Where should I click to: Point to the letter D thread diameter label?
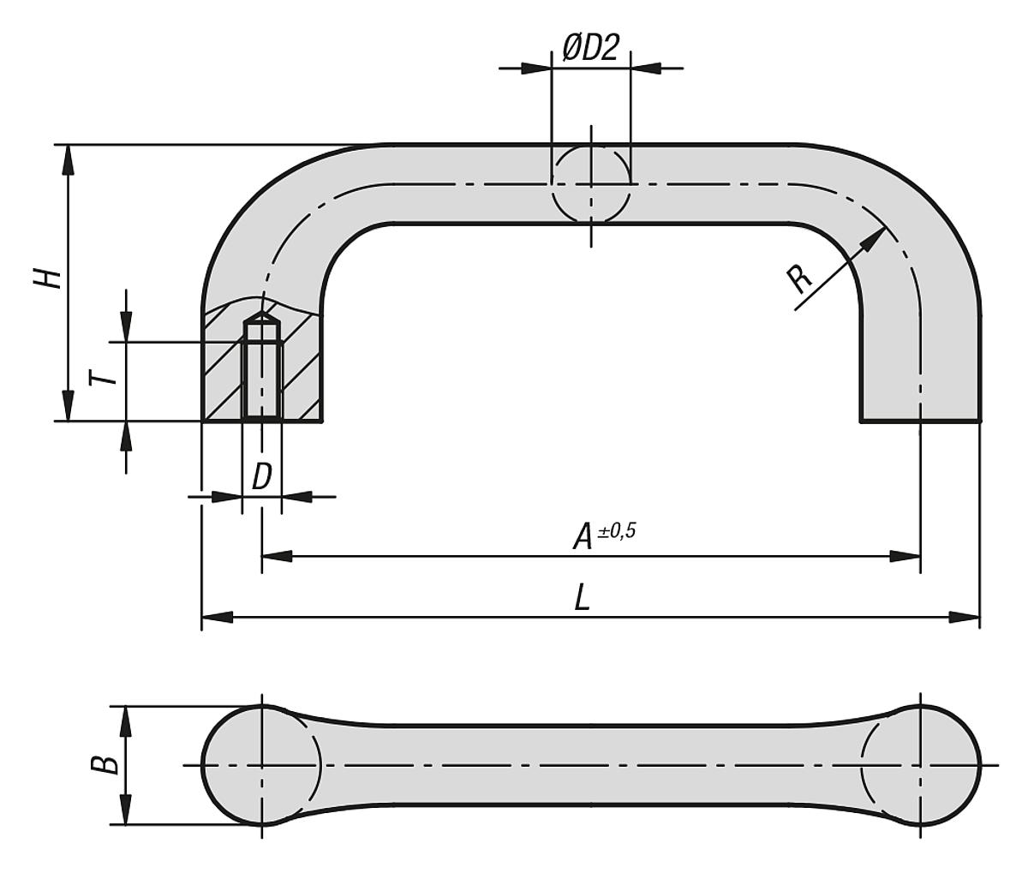[x=261, y=476]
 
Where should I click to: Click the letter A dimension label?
[x=583, y=538]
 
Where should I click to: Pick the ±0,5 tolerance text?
[x=616, y=530]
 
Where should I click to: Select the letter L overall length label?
[x=583, y=598]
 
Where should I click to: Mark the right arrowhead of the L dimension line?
[x=966, y=617]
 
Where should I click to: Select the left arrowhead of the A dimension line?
[x=276, y=556]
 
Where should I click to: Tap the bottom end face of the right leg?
[x=920, y=421]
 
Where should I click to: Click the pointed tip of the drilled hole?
[x=261, y=317]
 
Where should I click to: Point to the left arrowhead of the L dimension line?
[x=216, y=617]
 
